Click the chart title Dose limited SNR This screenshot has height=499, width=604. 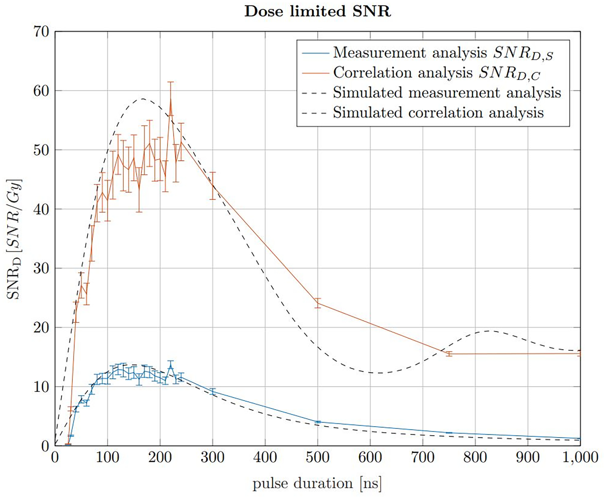[317, 11]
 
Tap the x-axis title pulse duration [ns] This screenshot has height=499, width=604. [317, 483]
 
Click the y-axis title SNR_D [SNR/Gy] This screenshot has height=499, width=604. [14, 239]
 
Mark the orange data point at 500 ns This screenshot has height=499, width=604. [317, 303]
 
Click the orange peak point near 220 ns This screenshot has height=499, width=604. [171, 99]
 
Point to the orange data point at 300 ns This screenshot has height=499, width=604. [212, 186]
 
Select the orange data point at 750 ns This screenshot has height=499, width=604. [449, 354]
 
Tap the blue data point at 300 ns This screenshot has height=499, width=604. [212, 392]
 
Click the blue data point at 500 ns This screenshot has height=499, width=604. [317, 422]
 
